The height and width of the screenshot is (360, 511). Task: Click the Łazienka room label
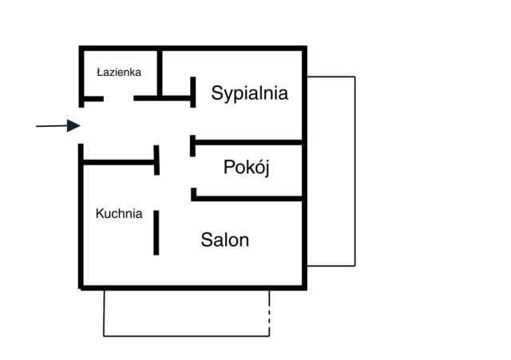[x=119, y=72]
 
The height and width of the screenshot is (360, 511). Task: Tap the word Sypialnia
[x=250, y=93]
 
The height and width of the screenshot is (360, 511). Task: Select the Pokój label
[x=247, y=167]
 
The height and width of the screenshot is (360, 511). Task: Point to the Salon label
[x=225, y=240]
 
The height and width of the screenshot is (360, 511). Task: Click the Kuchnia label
[x=119, y=214]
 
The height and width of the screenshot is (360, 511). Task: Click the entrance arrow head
[x=73, y=126]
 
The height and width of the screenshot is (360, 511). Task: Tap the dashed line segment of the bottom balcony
[x=269, y=313]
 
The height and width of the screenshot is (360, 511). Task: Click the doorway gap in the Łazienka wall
[x=119, y=98]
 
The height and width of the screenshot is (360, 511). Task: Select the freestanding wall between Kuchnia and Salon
[x=156, y=232]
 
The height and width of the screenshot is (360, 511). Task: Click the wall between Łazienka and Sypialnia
[x=160, y=73]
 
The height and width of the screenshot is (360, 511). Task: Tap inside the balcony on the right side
[x=331, y=172]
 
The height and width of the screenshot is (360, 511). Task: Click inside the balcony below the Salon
[x=186, y=313]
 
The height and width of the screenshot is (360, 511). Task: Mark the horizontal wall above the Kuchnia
[x=119, y=162]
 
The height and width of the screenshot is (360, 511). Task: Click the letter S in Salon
[x=207, y=240]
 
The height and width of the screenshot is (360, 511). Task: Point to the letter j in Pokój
[x=267, y=168]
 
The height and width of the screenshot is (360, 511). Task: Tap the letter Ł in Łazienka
[x=100, y=72]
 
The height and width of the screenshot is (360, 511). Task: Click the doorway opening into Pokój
[x=193, y=172]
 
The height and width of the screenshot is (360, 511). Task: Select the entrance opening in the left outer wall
[x=81, y=125]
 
